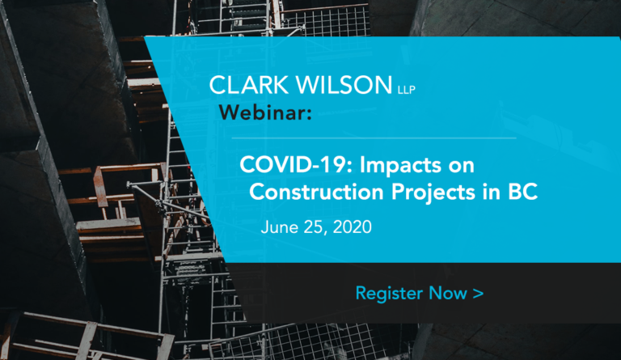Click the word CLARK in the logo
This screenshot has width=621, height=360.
coord(249,85)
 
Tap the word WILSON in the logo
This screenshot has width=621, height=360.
coord(344,85)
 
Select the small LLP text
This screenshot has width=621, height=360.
coord(407,90)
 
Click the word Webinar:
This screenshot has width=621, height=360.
coord(265,112)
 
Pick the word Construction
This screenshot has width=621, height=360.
coord(316,192)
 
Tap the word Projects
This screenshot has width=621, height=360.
coord(433,193)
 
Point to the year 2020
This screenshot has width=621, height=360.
coord(352,227)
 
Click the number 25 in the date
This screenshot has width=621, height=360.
coord(315,227)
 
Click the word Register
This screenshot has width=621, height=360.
coord(389,294)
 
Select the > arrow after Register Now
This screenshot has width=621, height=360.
coord(478,294)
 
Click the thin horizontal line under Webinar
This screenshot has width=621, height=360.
coord(374,138)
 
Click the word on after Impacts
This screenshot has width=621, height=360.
coord(462,167)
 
